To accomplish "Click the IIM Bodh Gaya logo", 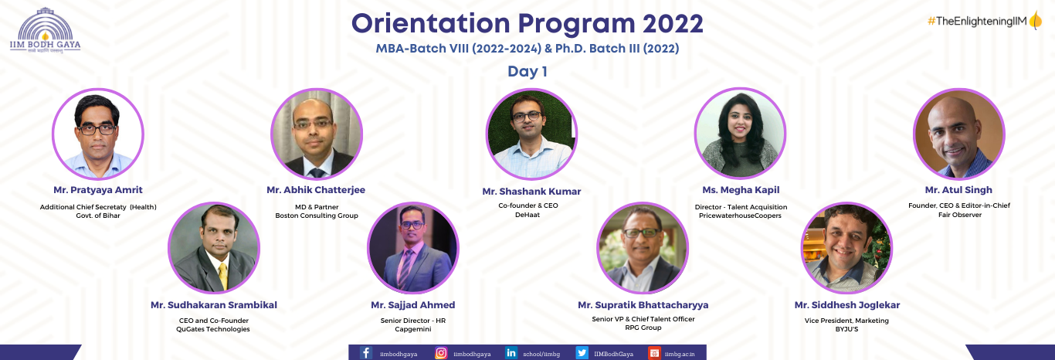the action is [x=46, y=30].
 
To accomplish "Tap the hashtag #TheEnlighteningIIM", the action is [x=977, y=21].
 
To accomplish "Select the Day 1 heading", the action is [x=527, y=72].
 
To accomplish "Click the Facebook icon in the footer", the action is [x=366, y=353].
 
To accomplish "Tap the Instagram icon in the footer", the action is [x=441, y=353].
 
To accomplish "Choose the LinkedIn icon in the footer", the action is [x=511, y=352].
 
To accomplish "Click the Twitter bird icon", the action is [x=582, y=352].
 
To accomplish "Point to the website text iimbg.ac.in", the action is [x=680, y=354].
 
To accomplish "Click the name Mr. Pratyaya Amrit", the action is [x=98, y=190].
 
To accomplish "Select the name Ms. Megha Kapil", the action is [x=741, y=190].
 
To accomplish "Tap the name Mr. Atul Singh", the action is [x=958, y=190].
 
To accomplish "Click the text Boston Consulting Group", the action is [x=317, y=216].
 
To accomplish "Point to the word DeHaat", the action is [x=527, y=215].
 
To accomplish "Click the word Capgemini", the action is [x=413, y=329].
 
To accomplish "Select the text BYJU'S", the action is [x=846, y=329].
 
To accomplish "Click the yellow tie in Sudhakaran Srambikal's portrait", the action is [x=222, y=276].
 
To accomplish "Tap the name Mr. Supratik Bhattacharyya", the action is [x=643, y=305].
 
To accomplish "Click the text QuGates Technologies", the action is [x=213, y=329].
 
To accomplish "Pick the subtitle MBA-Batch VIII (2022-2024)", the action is [x=458, y=49].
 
